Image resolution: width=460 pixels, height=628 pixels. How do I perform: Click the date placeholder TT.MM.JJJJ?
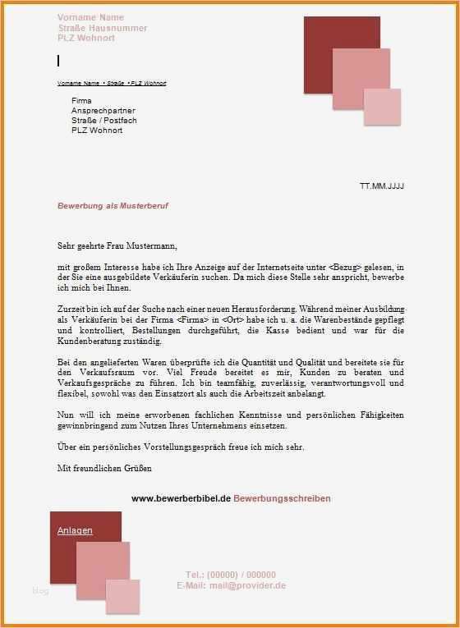click(x=382, y=186)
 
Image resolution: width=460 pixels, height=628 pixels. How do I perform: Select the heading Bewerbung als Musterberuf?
click(x=113, y=206)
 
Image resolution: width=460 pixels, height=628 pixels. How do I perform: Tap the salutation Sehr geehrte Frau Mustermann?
click(x=117, y=245)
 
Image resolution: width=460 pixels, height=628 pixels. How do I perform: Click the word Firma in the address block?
click(x=81, y=100)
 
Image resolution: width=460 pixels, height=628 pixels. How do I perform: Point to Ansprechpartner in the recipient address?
click(x=102, y=110)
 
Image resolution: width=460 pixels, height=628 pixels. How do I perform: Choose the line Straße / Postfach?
click(x=103, y=120)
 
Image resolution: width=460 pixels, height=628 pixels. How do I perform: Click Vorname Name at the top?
click(x=90, y=17)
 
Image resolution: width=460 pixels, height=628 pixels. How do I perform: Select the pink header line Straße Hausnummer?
click(x=102, y=28)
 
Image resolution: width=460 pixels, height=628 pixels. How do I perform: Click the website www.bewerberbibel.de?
click(x=181, y=498)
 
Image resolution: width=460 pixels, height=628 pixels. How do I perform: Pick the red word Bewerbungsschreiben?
click(x=282, y=498)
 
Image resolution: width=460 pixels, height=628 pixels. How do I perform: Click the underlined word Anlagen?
click(x=75, y=531)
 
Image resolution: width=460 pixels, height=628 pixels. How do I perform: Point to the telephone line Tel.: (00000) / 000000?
click(x=230, y=575)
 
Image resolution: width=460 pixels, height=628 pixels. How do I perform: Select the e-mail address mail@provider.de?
click(x=247, y=585)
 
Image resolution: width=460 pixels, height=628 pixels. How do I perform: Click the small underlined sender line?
click(x=112, y=83)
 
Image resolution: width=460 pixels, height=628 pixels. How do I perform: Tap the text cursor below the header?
click(x=58, y=61)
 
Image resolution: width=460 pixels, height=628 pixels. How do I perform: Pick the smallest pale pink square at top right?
click(x=382, y=107)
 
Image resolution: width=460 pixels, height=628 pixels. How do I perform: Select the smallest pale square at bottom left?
click(x=122, y=597)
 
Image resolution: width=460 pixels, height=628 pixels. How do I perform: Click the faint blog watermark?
click(x=40, y=591)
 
